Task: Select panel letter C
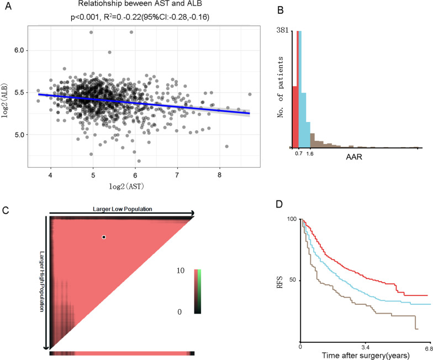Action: coord(5,210)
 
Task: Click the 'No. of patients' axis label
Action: coord(282,83)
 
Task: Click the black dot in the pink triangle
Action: coord(103,237)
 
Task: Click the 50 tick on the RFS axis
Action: coord(292,280)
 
